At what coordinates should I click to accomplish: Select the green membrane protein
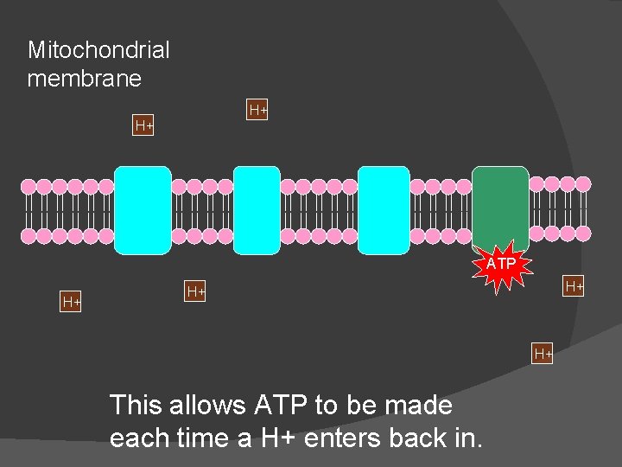click(499, 206)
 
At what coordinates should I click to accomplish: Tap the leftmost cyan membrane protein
click(143, 210)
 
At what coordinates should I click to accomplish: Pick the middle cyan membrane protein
click(257, 210)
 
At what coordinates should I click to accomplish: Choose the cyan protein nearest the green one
click(384, 210)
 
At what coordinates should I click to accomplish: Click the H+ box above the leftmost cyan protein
click(143, 126)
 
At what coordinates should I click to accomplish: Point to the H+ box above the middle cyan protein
click(257, 111)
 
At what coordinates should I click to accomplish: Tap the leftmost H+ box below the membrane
click(71, 302)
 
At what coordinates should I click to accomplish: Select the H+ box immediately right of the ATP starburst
click(574, 286)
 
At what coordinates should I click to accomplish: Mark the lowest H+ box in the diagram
click(543, 354)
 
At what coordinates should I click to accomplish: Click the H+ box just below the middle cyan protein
click(196, 292)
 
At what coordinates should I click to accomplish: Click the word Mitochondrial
click(98, 50)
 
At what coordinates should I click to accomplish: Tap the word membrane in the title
click(84, 79)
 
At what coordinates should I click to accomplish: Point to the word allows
click(211, 405)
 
